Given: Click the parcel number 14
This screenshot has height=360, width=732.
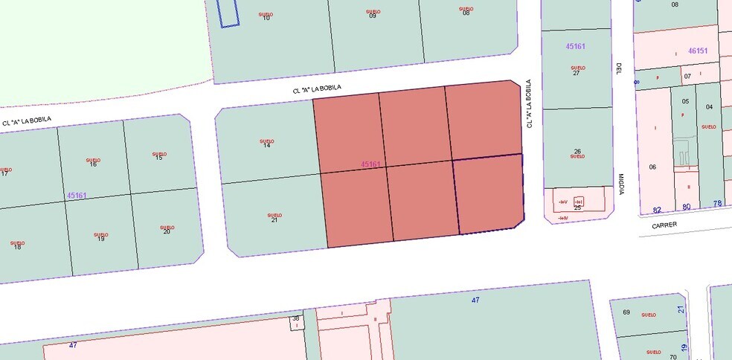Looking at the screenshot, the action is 266,145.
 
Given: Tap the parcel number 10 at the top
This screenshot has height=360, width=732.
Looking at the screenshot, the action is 266,18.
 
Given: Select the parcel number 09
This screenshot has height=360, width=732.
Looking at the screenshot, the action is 373,16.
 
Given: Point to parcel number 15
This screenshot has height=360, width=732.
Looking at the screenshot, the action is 158,158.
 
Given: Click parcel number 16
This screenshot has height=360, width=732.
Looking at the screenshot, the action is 93,164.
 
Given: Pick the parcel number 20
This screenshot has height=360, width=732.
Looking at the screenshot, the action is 167,231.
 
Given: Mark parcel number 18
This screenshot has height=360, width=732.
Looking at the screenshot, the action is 17,247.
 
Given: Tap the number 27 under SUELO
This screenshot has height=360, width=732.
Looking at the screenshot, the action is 577,73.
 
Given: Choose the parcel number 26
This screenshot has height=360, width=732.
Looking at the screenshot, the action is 577,151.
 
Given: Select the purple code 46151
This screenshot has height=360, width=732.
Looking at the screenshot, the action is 698,51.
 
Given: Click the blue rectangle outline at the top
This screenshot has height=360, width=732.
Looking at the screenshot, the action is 228,13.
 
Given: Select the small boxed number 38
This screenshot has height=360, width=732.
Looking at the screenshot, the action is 295,319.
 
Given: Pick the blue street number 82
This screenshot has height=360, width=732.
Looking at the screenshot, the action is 657,210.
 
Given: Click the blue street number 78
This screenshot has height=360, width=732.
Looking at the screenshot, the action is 718,204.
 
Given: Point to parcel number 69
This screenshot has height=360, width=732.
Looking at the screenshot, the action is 626,312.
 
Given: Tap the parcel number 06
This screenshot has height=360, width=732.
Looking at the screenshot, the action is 652,167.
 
